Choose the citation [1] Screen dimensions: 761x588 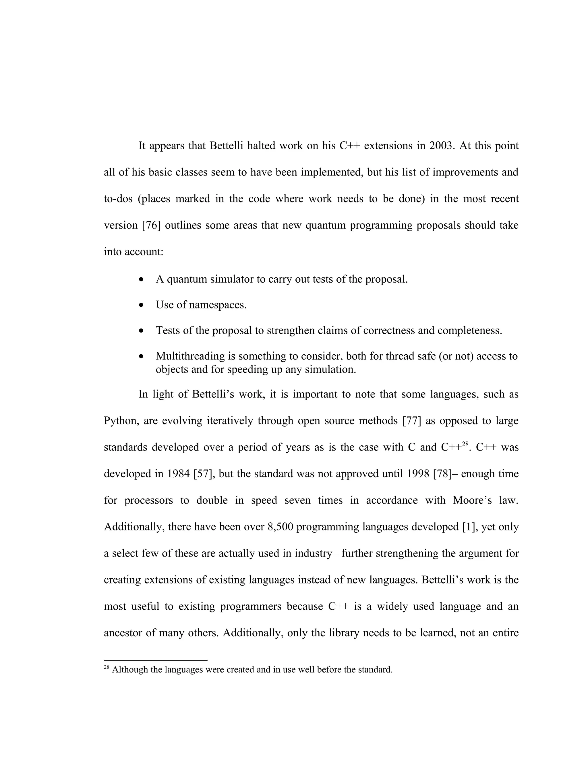click(x=469, y=527)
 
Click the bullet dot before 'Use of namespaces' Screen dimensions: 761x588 click(x=141, y=305)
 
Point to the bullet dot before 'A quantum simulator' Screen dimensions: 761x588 click(x=141, y=279)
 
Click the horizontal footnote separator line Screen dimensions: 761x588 click(x=155, y=660)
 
